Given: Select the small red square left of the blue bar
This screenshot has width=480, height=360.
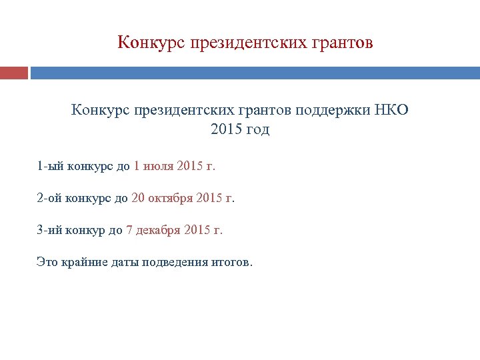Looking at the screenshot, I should (x=14, y=73).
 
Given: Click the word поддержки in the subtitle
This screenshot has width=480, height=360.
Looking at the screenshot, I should (x=330, y=110).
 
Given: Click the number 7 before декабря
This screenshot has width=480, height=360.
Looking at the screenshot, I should (x=129, y=230).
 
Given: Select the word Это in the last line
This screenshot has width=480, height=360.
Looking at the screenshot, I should (x=47, y=262).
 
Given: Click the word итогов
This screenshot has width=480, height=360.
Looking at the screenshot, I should (x=231, y=262).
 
